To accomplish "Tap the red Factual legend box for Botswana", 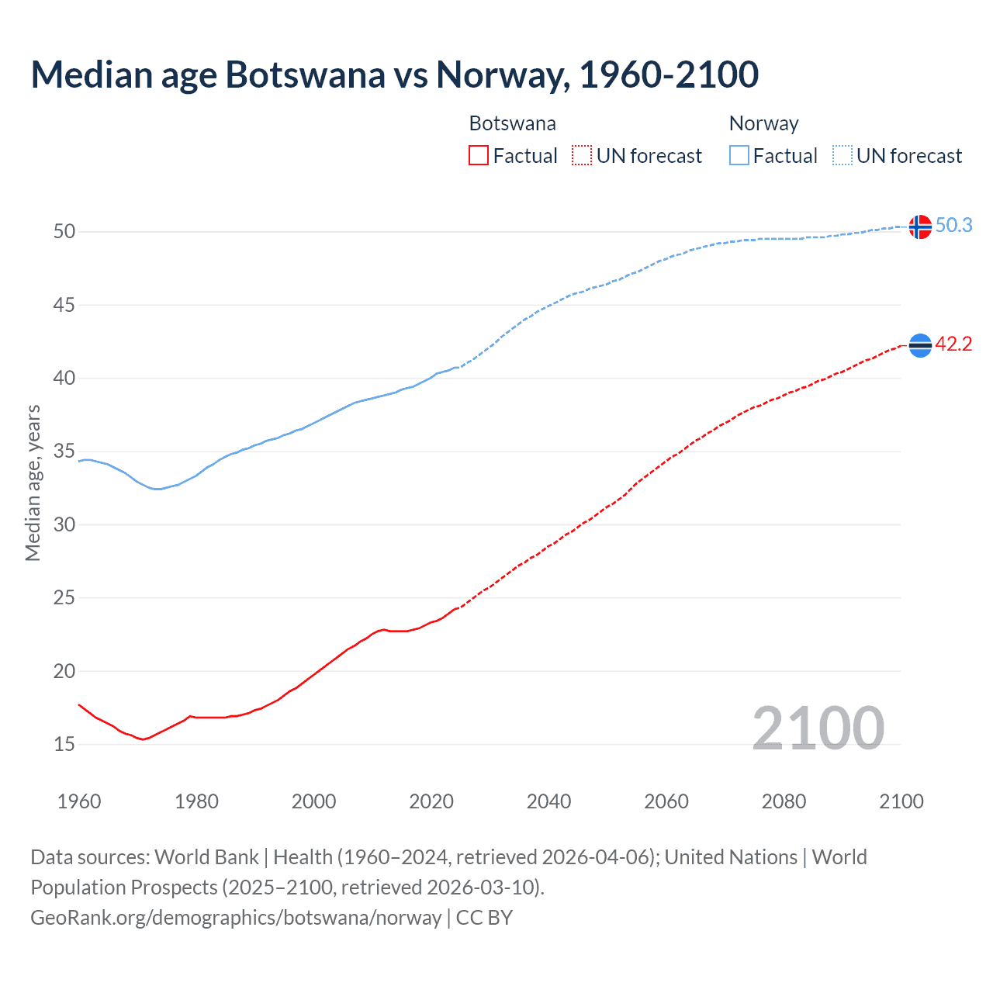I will coord(479,156).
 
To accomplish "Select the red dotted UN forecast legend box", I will coord(582,156).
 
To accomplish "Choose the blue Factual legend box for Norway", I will coord(739,156).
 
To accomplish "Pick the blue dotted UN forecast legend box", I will coord(842,156).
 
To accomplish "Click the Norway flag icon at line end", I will coord(920,227).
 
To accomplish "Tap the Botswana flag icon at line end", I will coord(920,345).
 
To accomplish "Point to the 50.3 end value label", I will coord(953,225).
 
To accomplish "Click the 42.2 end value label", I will coord(953,344).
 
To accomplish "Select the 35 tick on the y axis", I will coord(64,452).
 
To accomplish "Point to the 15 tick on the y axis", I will coord(64,744).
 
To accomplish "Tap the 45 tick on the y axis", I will coord(64,305).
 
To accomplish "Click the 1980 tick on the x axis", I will coord(196,801).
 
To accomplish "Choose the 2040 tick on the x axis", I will coord(548,801).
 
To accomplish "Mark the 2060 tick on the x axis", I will coord(666,801).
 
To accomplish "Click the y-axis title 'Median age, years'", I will coord(33,483).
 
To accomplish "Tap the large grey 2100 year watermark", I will coord(818,728).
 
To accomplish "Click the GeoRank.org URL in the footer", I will coord(236,917).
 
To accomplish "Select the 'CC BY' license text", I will coord(484,917).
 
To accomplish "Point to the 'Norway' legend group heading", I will coord(763,123).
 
